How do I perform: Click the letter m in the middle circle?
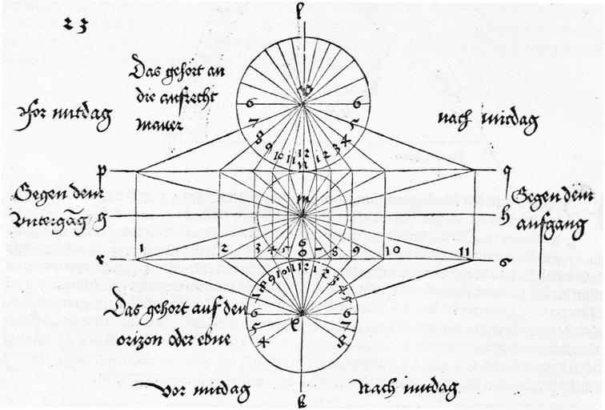tap(302, 196)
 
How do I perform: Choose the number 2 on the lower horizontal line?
tap(226, 248)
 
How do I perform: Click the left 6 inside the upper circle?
tap(250, 103)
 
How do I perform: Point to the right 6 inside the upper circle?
tap(355, 103)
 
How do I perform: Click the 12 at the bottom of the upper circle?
tap(302, 151)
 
